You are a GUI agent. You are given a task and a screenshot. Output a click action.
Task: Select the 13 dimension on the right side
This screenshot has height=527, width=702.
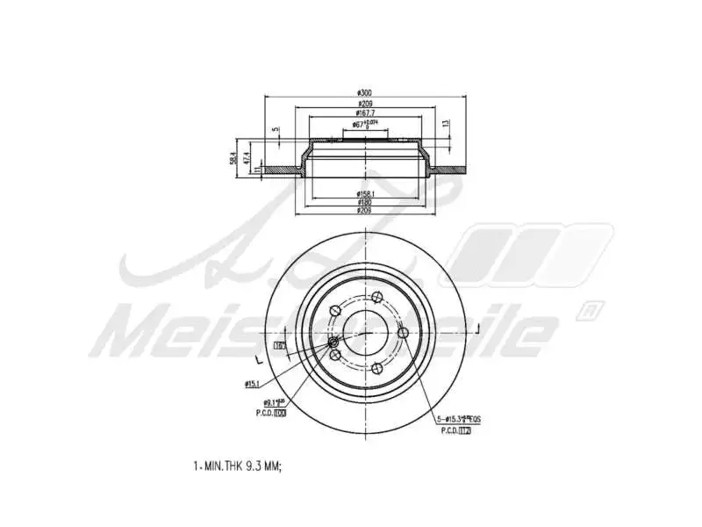coord(446,123)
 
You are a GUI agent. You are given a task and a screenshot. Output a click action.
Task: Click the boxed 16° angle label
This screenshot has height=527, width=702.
coord(280,347)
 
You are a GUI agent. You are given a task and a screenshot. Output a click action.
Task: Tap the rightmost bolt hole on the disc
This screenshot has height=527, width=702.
coord(403,333)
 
